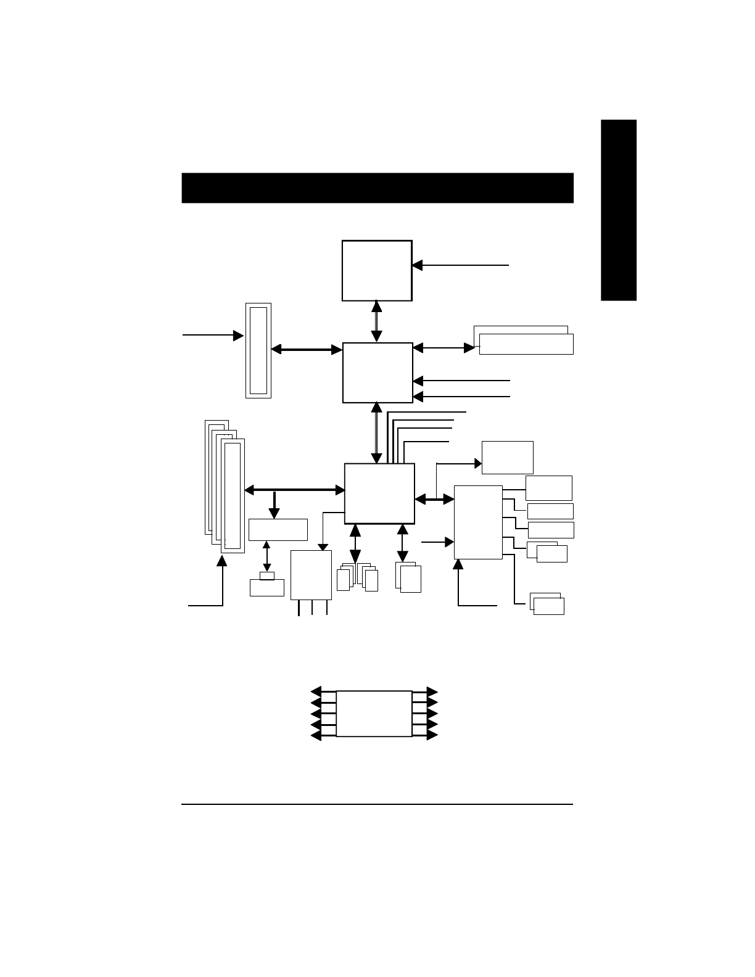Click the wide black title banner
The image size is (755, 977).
377,188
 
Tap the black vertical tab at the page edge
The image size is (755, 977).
619,210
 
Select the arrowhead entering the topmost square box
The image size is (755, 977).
417,265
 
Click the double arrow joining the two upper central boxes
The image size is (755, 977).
377,321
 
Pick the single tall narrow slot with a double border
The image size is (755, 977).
258,350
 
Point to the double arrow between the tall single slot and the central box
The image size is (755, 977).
307,349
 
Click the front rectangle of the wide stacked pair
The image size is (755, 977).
526,344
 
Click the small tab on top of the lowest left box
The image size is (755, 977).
267,576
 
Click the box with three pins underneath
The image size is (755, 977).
311,574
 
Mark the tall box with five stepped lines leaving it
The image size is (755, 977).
478,522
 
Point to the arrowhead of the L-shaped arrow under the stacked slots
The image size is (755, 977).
222,560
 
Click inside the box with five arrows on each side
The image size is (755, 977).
374,713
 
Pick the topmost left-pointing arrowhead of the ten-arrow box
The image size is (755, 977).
316,691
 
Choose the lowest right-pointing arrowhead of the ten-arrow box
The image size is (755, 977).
432,735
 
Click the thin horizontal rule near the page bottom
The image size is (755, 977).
377,804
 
